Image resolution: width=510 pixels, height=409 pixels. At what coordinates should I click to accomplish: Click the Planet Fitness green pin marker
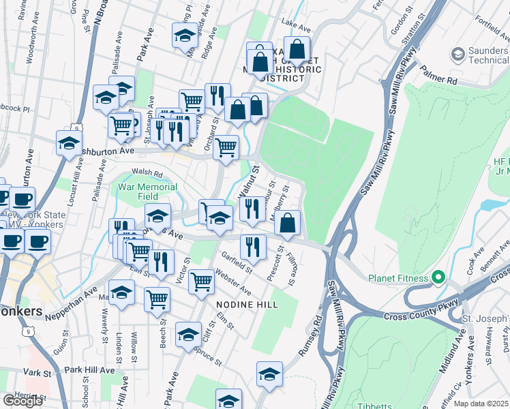[438, 278]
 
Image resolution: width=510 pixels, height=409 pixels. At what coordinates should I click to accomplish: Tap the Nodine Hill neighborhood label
[247, 305]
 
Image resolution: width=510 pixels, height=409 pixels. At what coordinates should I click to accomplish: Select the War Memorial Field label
[148, 192]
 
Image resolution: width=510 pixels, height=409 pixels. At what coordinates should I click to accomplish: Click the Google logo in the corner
[22, 400]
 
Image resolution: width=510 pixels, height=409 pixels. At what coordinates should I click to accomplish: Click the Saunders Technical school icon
[457, 52]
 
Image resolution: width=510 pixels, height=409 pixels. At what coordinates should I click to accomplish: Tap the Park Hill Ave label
[89, 369]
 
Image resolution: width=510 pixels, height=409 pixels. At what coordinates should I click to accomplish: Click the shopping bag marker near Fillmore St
[288, 224]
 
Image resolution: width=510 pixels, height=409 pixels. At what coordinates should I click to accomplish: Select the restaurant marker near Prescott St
[253, 247]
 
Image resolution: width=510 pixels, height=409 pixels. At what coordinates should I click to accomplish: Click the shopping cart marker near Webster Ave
[201, 281]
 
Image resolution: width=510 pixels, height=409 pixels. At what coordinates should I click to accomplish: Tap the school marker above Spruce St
[188, 335]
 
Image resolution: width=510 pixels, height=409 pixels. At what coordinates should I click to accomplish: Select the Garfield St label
[236, 262]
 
